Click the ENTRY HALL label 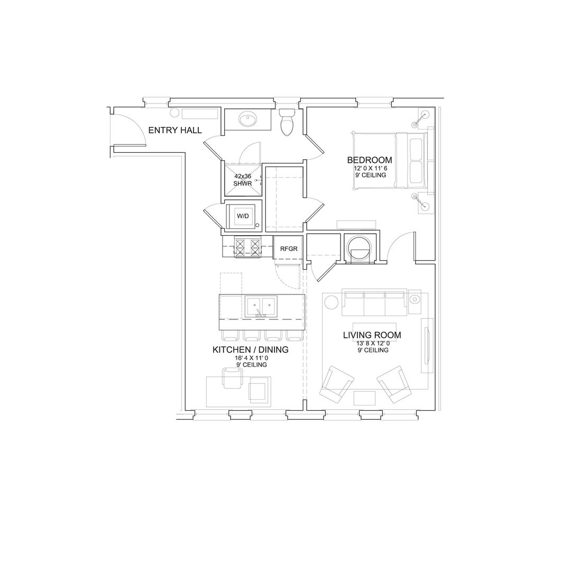[175, 130]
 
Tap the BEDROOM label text [370, 160]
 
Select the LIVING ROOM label [372, 335]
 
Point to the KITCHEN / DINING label [251, 349]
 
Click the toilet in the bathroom [287, 122]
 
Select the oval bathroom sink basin [248, 119]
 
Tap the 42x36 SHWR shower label [243, 180]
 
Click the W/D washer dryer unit [243, 216]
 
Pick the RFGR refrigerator [289, 248]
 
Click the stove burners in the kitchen [248, 247]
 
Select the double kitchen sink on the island [260, 306]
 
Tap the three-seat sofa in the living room [374, 302]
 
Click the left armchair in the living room [336, 384]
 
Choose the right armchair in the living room [394, 384]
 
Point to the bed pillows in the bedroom [416, 161]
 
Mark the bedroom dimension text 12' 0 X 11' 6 [370, 169]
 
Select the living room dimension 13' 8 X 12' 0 [373, 343]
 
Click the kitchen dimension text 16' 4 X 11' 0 [251, 358]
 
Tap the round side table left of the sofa [331, 302]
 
